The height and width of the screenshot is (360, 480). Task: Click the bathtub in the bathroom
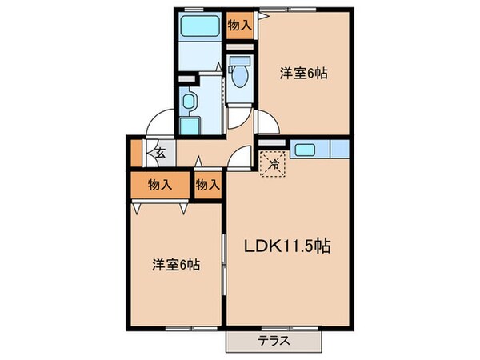tap(199, 26)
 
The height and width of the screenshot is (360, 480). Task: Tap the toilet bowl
tap(238, 76)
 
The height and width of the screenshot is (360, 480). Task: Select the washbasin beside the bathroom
tap(189, 101)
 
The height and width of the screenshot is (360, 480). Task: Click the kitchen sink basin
tap(306, 148)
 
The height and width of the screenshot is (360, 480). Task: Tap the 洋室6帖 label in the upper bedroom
tap(304, 74)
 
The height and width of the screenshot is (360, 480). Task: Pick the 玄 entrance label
tap(160, 153)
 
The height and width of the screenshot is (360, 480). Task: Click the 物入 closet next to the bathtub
tap(239, 25)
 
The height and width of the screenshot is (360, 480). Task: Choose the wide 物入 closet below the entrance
tap(161, 186)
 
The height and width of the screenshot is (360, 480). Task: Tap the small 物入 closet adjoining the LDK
tap(207, 186)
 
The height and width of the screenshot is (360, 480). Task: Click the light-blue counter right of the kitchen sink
tap(338, 148)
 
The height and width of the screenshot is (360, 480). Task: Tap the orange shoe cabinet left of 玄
tap(136, 152)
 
